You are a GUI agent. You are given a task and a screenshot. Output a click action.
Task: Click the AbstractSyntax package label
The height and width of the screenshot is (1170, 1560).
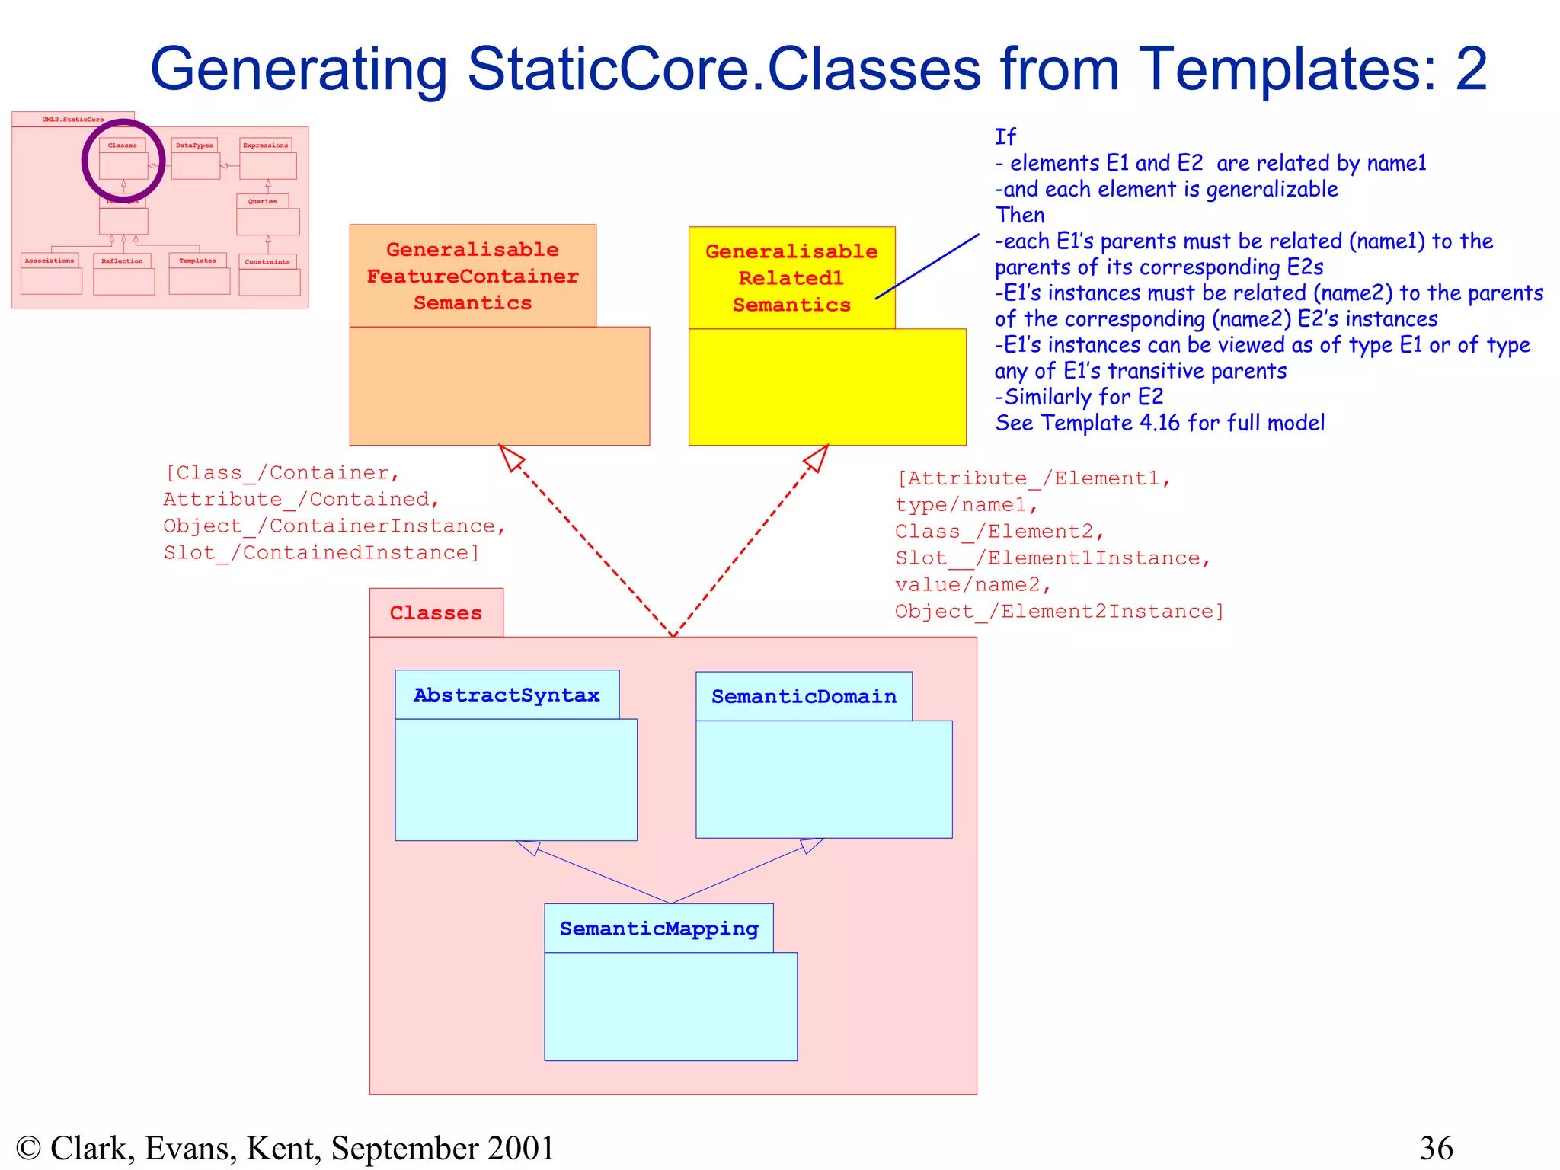click(x=507, y=695)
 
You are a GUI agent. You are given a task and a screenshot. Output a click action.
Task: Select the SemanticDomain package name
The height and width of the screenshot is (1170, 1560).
click(x=804, y=696)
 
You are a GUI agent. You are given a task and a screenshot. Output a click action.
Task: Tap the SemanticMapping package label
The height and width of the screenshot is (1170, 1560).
click(x=659, y=929)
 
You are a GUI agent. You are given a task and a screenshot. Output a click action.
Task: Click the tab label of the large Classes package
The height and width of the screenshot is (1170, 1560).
click(x=436, y=613)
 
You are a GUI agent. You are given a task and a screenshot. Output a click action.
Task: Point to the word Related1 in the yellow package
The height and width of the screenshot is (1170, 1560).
click(x=791, y=278)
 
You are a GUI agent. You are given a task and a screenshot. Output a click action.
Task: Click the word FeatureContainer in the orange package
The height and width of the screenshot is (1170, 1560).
click(x=472, y=276)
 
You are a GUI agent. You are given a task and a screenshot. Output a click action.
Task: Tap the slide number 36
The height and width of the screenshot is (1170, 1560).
click(x=1436, y=1147)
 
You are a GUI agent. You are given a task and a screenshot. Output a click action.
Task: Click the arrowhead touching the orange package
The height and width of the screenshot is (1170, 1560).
click(x=510, y=456)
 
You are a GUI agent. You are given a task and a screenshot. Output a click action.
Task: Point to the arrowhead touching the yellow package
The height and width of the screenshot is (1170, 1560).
click(x=817, y=457)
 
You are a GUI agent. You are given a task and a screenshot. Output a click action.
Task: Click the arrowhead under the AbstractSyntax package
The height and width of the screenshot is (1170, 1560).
click(x=529, y=847)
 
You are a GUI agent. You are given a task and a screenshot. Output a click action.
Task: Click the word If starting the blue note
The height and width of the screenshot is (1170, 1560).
click(x=1005, y=137)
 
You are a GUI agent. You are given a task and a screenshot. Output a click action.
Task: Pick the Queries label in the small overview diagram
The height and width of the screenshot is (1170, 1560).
click(x=262, y=201)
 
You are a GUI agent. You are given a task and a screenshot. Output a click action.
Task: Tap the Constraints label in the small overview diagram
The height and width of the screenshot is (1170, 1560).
click(x=267, y=261)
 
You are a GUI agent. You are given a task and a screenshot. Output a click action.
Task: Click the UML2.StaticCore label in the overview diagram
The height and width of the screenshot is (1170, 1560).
click(x=73, y=120)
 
